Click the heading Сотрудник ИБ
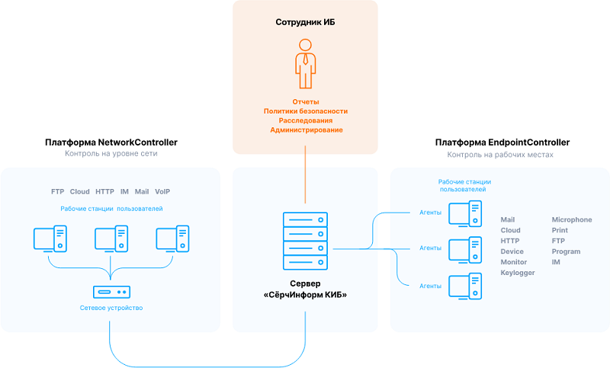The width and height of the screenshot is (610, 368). [305, 22]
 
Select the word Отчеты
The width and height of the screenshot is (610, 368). [305, 101]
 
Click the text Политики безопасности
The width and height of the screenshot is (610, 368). [305, 111]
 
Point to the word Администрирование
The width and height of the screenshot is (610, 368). [305, 130]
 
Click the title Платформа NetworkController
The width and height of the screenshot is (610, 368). [111, 142]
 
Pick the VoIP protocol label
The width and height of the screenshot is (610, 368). [162, 191]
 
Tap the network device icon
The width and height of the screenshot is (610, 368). [111, 292]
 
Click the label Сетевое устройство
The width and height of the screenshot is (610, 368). [111, 308]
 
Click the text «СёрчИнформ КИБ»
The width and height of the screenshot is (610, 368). [305, 294]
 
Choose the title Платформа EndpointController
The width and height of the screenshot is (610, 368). [502, 142]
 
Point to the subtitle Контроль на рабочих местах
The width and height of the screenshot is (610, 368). [500, 155]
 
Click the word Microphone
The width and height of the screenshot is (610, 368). [571, 219]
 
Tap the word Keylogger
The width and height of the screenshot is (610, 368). [518, 273]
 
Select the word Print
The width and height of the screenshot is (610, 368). [560, 230]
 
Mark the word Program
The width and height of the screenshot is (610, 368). [566, 251]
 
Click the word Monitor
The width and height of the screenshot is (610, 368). [513, 262]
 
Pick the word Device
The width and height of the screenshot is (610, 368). [512, 251]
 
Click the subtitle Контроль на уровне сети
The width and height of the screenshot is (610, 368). [111, 155]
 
